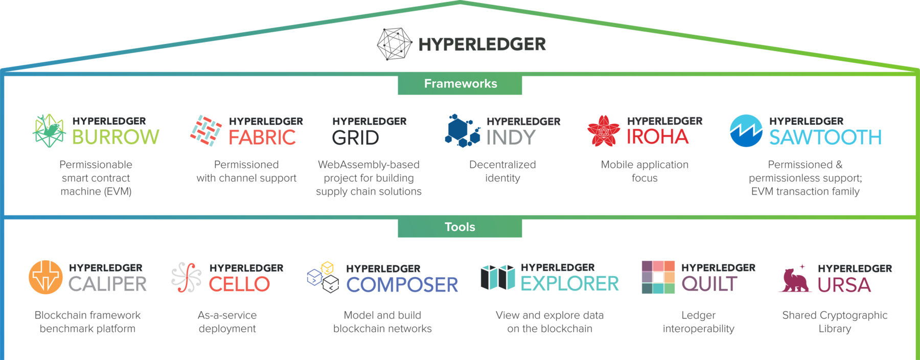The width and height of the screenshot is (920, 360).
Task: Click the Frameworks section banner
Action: pos(460,84)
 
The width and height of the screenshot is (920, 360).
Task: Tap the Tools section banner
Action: pos(460,227)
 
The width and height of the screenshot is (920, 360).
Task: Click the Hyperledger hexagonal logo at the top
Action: pos(394,44)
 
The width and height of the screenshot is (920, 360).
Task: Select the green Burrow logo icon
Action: pos(49,131)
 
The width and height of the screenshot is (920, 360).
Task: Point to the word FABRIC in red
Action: pos(262,138)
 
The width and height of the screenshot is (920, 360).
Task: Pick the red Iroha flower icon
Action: pos(604,131)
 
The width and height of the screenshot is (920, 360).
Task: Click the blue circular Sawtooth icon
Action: pos(746,131)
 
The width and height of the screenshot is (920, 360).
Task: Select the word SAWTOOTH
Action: pos(825,138)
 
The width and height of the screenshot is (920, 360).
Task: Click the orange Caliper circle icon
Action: pos(45,277)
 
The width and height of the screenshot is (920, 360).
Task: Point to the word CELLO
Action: pos(239,284)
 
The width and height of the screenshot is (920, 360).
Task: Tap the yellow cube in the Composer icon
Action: pos(327,268)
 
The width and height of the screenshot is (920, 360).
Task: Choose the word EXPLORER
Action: pos(569,284)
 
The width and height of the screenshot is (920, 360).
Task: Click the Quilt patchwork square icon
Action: pos(658,277)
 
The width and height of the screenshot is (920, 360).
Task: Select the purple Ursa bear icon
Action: pos(795,280)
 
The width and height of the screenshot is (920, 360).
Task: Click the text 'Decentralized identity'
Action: pos(502,171)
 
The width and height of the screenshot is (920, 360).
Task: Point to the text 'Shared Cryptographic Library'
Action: pos(835,322)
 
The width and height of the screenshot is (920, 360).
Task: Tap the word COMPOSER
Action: pos(402,285)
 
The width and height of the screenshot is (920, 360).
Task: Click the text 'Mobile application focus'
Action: pos(645,171)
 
